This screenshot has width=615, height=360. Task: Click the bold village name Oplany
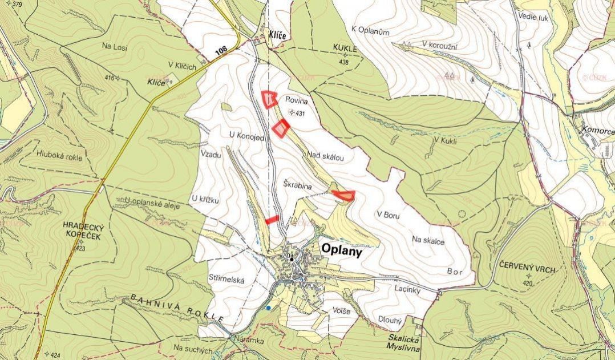point(342,249)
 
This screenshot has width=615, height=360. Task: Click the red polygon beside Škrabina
point(344,196)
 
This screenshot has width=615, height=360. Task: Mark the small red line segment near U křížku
point(272,219)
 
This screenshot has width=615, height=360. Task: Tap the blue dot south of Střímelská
point(268,308)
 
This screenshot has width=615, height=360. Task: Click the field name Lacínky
point(407,290)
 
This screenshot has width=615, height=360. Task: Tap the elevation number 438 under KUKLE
point(343,62)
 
